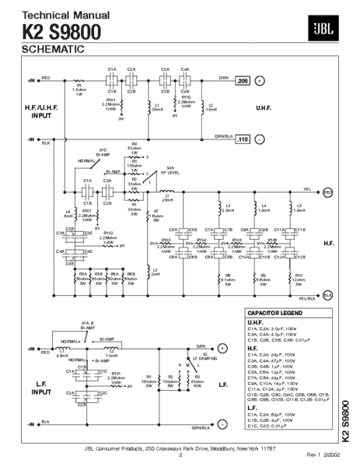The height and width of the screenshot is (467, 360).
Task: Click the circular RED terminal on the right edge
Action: (x=327, y=191)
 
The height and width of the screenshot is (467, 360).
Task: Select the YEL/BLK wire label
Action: (x=308, y=297)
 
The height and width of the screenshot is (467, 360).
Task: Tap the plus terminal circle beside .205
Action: (x=260, y=80)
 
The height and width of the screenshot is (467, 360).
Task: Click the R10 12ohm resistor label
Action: (x=296, y=279)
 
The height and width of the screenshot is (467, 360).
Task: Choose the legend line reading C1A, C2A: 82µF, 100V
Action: (x=274, y=415)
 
